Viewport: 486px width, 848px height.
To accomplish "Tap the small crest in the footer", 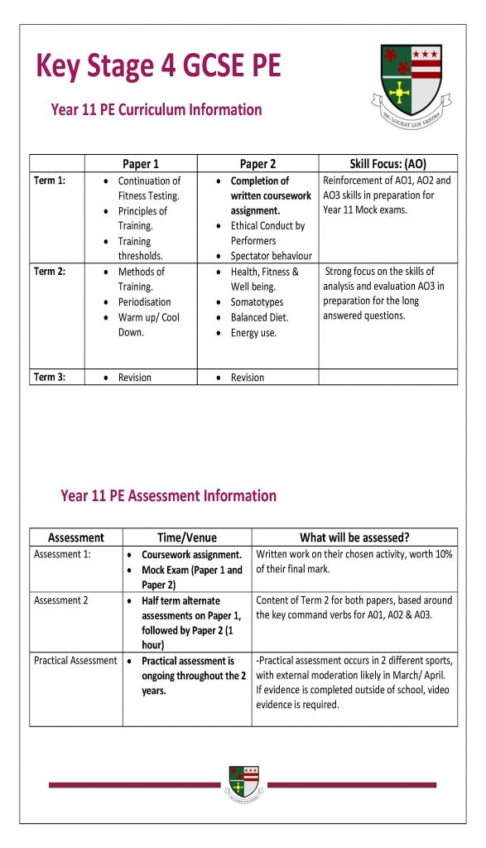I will (243, 783).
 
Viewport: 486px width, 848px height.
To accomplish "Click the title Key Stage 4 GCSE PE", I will (158, 66).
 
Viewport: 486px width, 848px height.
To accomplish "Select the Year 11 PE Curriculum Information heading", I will (156, 110).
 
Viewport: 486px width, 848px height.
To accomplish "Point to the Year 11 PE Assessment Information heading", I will (168, 496).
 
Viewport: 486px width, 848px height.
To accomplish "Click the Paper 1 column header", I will (141, 164).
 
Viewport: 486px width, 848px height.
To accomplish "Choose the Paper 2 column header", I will (257, 164).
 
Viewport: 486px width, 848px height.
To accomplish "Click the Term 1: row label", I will (50, 181).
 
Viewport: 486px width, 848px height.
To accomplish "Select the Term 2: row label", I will (50, 272).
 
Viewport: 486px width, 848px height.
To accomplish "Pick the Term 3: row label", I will (50, 378).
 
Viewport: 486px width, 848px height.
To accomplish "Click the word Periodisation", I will (145, 302).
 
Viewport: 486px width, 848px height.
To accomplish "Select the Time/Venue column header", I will (187, 537).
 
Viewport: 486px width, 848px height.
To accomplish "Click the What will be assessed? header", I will (354, 537).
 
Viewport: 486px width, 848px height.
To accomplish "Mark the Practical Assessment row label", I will (75, 661).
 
